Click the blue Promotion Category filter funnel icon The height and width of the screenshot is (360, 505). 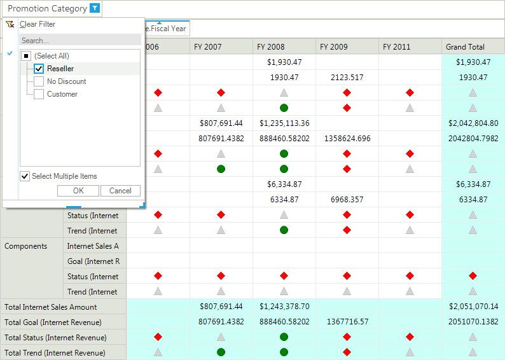coord(95,8)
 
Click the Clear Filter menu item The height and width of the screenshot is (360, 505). coord(38,24)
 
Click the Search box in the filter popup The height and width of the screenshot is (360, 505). coord(80,41)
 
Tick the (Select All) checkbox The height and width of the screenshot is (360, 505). coord(26,56)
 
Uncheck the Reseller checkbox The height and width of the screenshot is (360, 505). coord(39,69)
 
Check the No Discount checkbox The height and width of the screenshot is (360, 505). coord(39,81)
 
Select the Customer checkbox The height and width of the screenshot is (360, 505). coord(39,94)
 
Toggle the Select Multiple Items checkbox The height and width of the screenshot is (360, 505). coord(25,176)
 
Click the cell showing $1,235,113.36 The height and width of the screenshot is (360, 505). coord(284,123)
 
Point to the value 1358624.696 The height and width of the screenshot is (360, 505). coord(347,139)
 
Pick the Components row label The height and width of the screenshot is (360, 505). coord(26,246)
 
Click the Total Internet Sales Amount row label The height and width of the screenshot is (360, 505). coord(51,307)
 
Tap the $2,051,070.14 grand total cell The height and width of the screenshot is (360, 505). coord(473,306)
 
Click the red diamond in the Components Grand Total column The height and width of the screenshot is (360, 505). coord(473,276)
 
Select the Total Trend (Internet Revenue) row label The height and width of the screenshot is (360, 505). coord(55,353)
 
